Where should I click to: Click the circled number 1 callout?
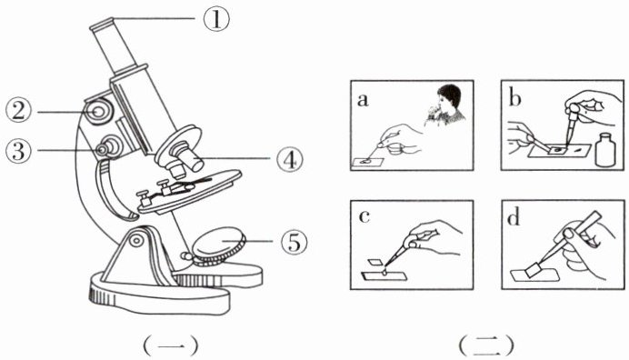[x=216, y=20]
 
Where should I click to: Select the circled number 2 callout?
[x=18, y=111]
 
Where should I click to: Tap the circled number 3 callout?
[x=18, y=151]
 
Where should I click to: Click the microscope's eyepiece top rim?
[x=102, y=25]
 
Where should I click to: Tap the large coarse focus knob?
[x=98, y=111]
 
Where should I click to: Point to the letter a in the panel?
[x=363, y=100]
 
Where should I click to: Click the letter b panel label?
[x=514, y=98]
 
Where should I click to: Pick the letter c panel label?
[x=364, y=216]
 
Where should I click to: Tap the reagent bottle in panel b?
[x=605, y=150]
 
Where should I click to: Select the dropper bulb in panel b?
[x=575, y=109]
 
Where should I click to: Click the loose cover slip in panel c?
[x=376, y=262]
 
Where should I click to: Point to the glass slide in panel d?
[x=534, y=275]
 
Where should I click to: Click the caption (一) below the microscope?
[x=170, y=345]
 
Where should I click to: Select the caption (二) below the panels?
[x=486, y=345]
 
